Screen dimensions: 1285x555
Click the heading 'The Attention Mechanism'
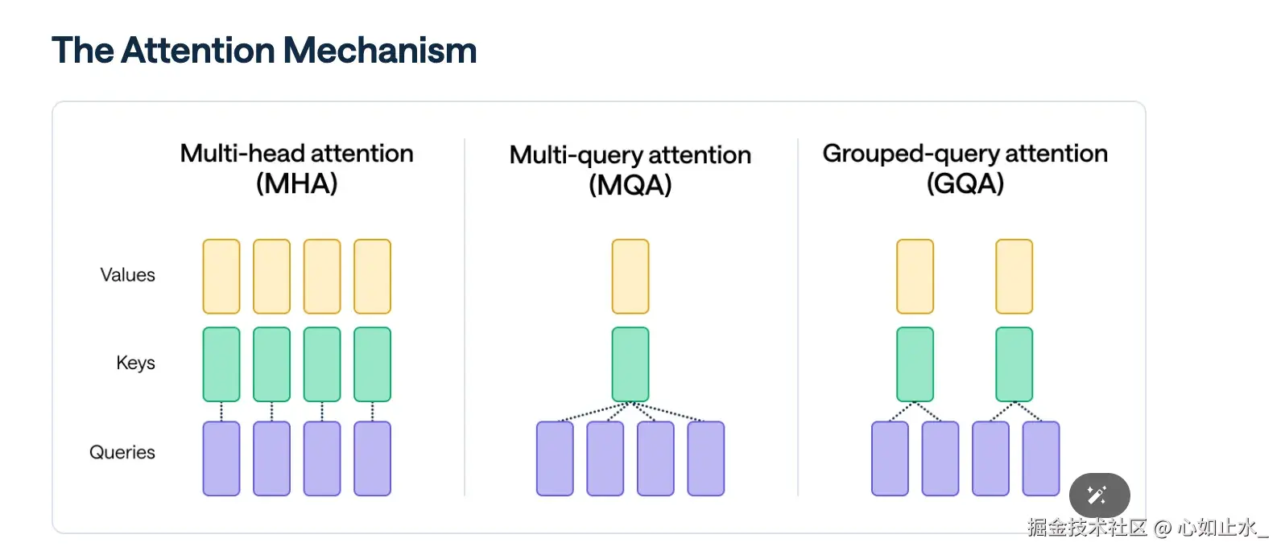[264, 51]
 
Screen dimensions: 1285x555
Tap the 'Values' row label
[127, 275]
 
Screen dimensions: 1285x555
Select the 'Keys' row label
[135, 363]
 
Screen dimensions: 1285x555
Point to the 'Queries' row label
[122, 452]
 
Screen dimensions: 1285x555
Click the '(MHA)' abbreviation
[296, 184]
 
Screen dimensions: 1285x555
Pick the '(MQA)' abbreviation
[630, 186]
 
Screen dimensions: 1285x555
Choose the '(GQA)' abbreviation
[965, 184]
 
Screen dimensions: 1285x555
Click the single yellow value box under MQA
[630, 276]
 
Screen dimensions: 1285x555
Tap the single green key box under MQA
[630, 364]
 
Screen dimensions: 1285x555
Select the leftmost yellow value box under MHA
[221, 276]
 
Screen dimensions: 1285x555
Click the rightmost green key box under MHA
[372, 364]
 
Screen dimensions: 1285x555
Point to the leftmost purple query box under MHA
[221, 458]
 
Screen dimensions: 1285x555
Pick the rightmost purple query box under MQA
[706, 458]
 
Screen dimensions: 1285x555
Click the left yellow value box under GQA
[915, 276]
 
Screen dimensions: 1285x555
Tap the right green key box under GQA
[1014, 364]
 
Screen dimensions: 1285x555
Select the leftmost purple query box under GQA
[890, 458]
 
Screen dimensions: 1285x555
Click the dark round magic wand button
[1099, 495]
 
